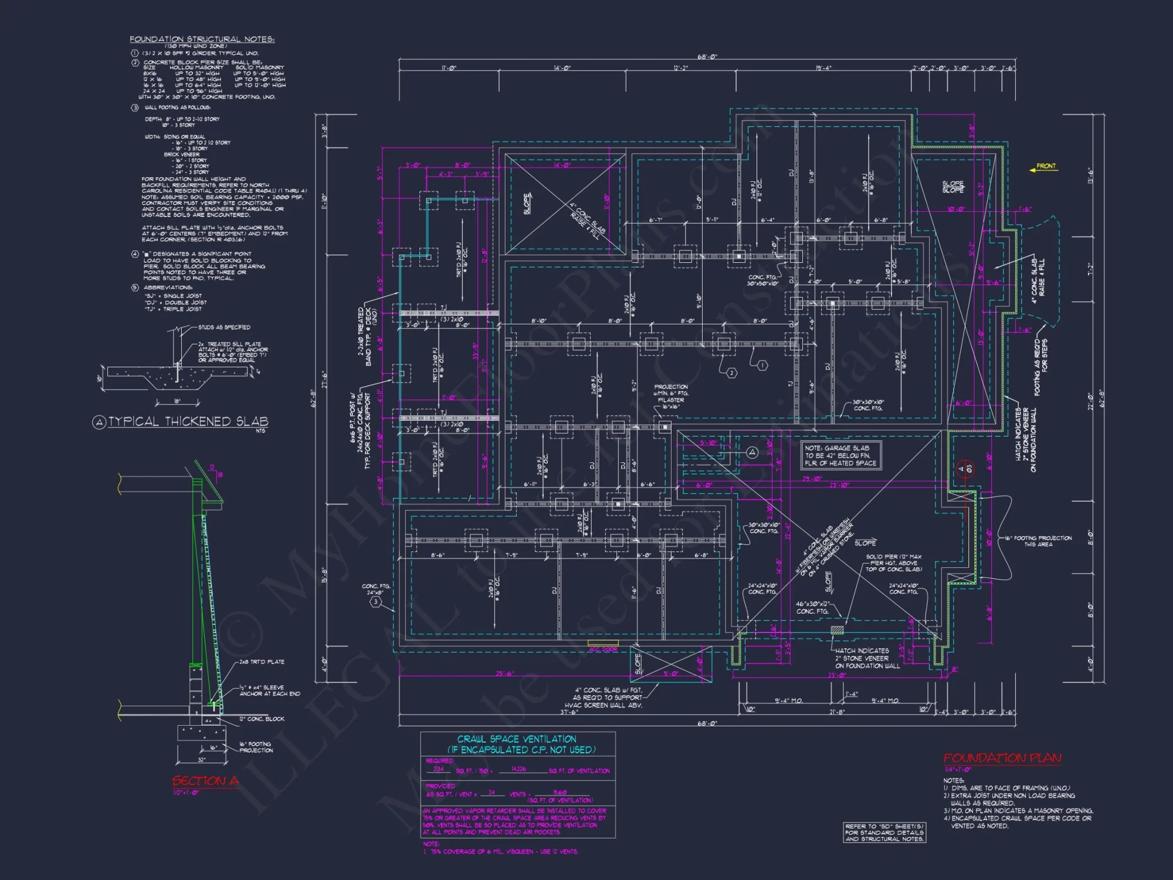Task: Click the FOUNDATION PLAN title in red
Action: (x=1002, y=758)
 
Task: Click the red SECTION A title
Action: (x=205, y=781)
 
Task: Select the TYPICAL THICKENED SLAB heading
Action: (x=188, y=421)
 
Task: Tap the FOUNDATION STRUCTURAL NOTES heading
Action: (x=202, y=39)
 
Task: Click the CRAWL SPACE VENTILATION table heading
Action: (x=517, y=739)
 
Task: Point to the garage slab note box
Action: (x=840, y=455)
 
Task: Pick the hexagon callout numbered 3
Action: (x=376, y=601)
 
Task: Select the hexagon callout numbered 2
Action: (x=731, y=373)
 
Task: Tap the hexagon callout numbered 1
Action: (x=762, y=365)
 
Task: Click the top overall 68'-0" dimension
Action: (x=707, y=57)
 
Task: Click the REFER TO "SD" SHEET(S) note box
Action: (x=884, y=832)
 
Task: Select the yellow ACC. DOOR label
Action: (x=602, y=649)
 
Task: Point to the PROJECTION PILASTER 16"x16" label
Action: (x=672, y=397)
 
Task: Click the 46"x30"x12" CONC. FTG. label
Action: (x=812, y=607)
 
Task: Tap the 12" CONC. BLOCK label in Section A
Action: (x=261, y=719)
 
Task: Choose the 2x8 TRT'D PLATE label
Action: (x=261, y=662)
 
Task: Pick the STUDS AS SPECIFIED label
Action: (x=224, y=327)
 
